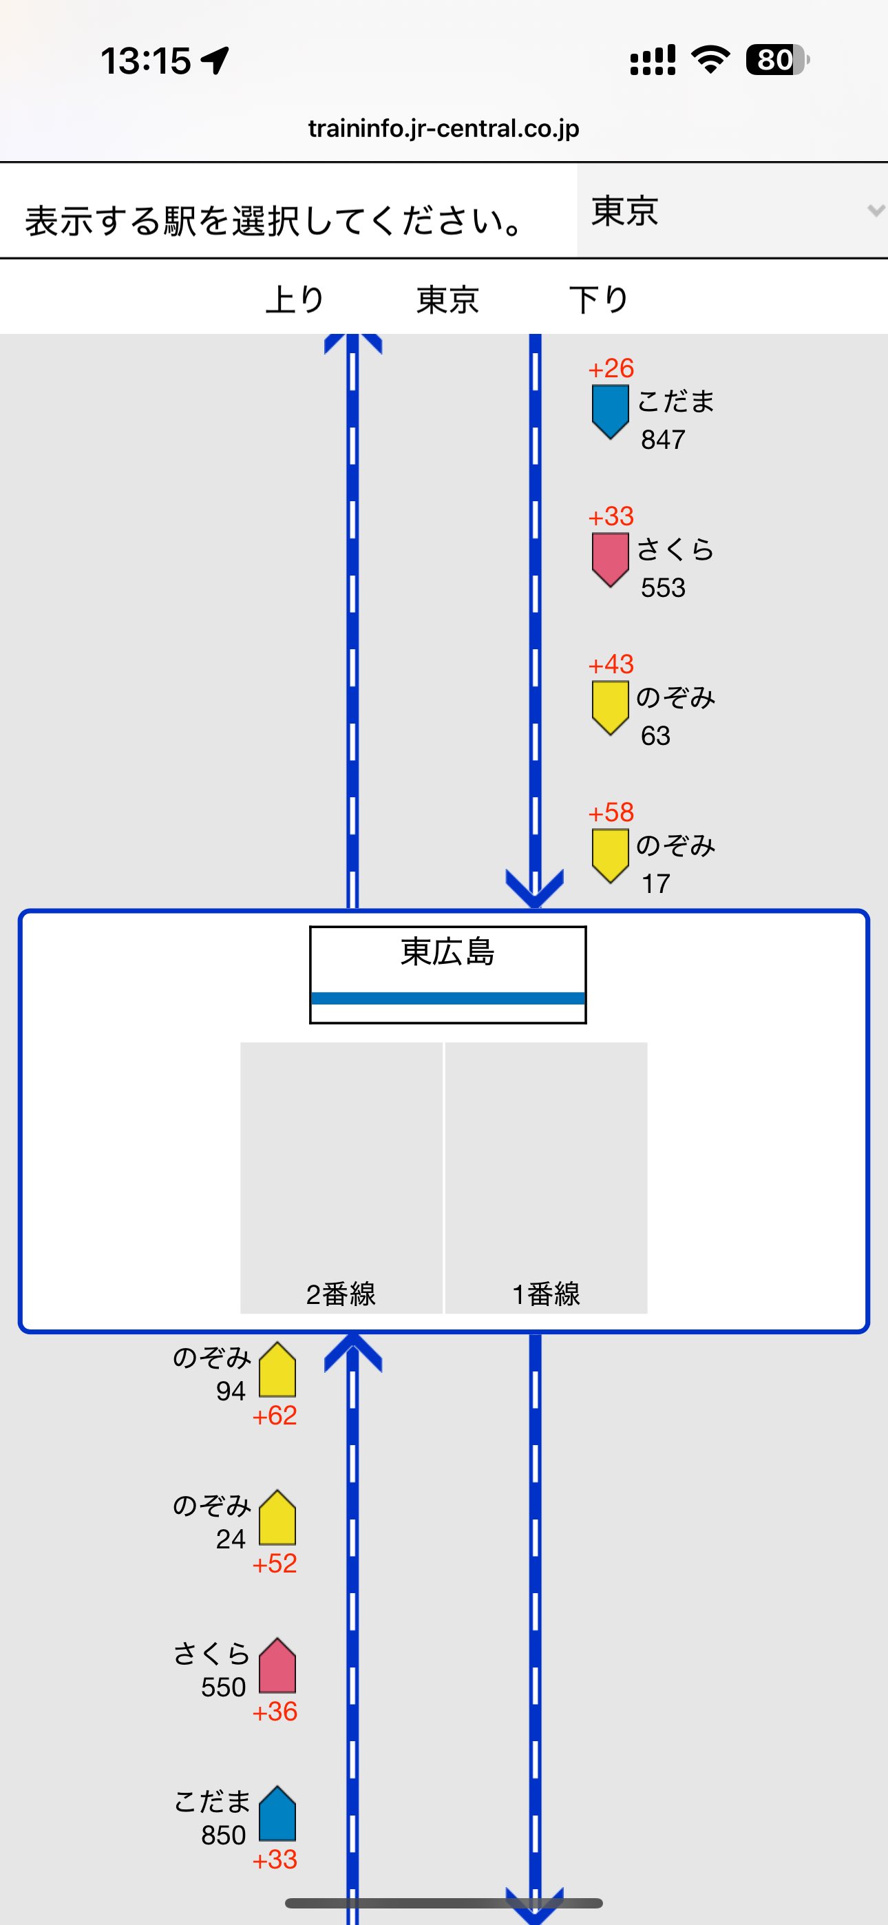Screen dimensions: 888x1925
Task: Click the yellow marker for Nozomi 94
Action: [277, 1371]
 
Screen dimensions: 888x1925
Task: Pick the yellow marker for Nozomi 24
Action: [277, 1519]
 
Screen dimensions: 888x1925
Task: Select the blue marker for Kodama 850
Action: [277, 1814]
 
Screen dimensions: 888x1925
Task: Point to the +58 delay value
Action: [611, 812]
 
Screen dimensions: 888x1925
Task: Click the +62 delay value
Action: [275, 1416]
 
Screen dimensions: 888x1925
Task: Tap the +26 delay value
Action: [611, 368]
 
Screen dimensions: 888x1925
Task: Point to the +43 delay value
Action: [611, 664]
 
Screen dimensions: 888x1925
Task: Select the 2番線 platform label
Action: [341, 1294]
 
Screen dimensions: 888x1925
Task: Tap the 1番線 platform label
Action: [547, 1294]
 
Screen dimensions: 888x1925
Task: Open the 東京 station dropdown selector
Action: [732, 211]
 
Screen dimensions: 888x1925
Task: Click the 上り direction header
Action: [295, 299]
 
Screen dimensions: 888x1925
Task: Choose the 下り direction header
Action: [599, 299]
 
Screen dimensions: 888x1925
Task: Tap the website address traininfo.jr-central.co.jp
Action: [443, 129]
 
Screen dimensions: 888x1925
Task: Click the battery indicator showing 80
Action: [776, 61]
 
